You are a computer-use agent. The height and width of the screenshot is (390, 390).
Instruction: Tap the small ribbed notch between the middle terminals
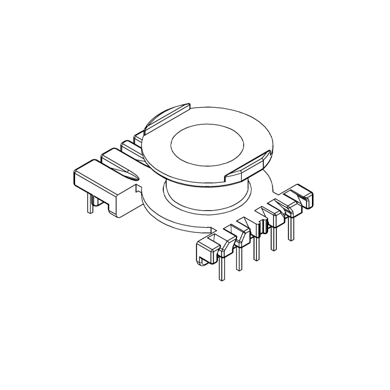click(262, 226)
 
